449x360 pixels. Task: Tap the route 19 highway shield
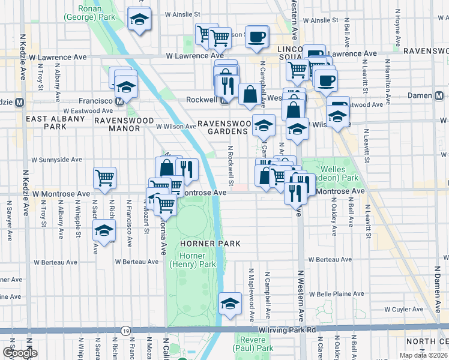coord(125,331)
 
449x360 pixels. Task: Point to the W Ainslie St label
coord(182,13)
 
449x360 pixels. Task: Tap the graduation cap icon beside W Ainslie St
coord(139,19)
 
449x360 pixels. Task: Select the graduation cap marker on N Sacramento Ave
coord(104,230)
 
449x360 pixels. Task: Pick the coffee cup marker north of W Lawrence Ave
coord(256,37)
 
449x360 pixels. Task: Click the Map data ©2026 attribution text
coord(423,355)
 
